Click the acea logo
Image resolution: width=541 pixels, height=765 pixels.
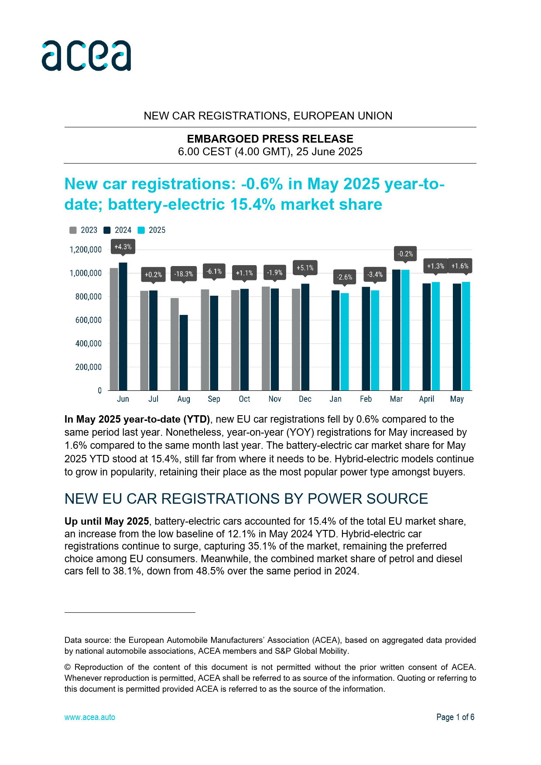(x=86, y=55)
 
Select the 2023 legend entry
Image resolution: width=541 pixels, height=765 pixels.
(x=84, y=230)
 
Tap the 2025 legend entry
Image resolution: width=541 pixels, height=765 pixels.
(x=152, y=230)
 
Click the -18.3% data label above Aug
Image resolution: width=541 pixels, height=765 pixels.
(x=184, y=274)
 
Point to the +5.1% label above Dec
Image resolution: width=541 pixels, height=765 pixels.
(x=305, y=268)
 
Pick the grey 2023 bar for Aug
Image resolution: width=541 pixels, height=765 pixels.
(x=175, y=344)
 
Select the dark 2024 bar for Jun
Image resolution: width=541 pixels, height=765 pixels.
(x=123, y=326)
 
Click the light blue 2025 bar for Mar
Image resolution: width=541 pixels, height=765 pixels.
(x=405, y=330)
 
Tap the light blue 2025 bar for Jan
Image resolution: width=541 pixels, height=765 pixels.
(x=345, y=342)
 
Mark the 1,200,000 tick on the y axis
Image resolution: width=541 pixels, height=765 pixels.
(x=86, y=250)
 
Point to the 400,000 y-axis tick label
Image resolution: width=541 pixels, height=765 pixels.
(x=89, y=344)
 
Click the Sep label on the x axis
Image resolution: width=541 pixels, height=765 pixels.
(x=214, y=399)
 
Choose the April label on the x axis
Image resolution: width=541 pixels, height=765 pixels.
(x=427, y=399)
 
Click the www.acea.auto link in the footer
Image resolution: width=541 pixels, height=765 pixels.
(x=90, y=717)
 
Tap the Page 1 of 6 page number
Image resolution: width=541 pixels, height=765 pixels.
(x=455, y=717)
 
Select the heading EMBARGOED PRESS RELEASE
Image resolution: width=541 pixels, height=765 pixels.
(x=270, y=139)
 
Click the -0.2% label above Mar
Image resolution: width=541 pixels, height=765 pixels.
(x=405, y=254)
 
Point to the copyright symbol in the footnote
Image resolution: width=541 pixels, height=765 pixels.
(x=68, y=667)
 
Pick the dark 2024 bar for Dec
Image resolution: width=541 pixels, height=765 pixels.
(x=305, y=337)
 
